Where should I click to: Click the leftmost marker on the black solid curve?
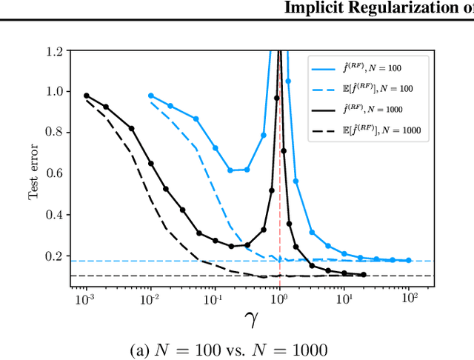(x=87, y=96)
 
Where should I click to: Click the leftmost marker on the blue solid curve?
(x=151, y=96)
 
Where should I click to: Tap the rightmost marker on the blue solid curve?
(x=408, y=260)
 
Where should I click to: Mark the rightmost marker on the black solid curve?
(x=363, y=275)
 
